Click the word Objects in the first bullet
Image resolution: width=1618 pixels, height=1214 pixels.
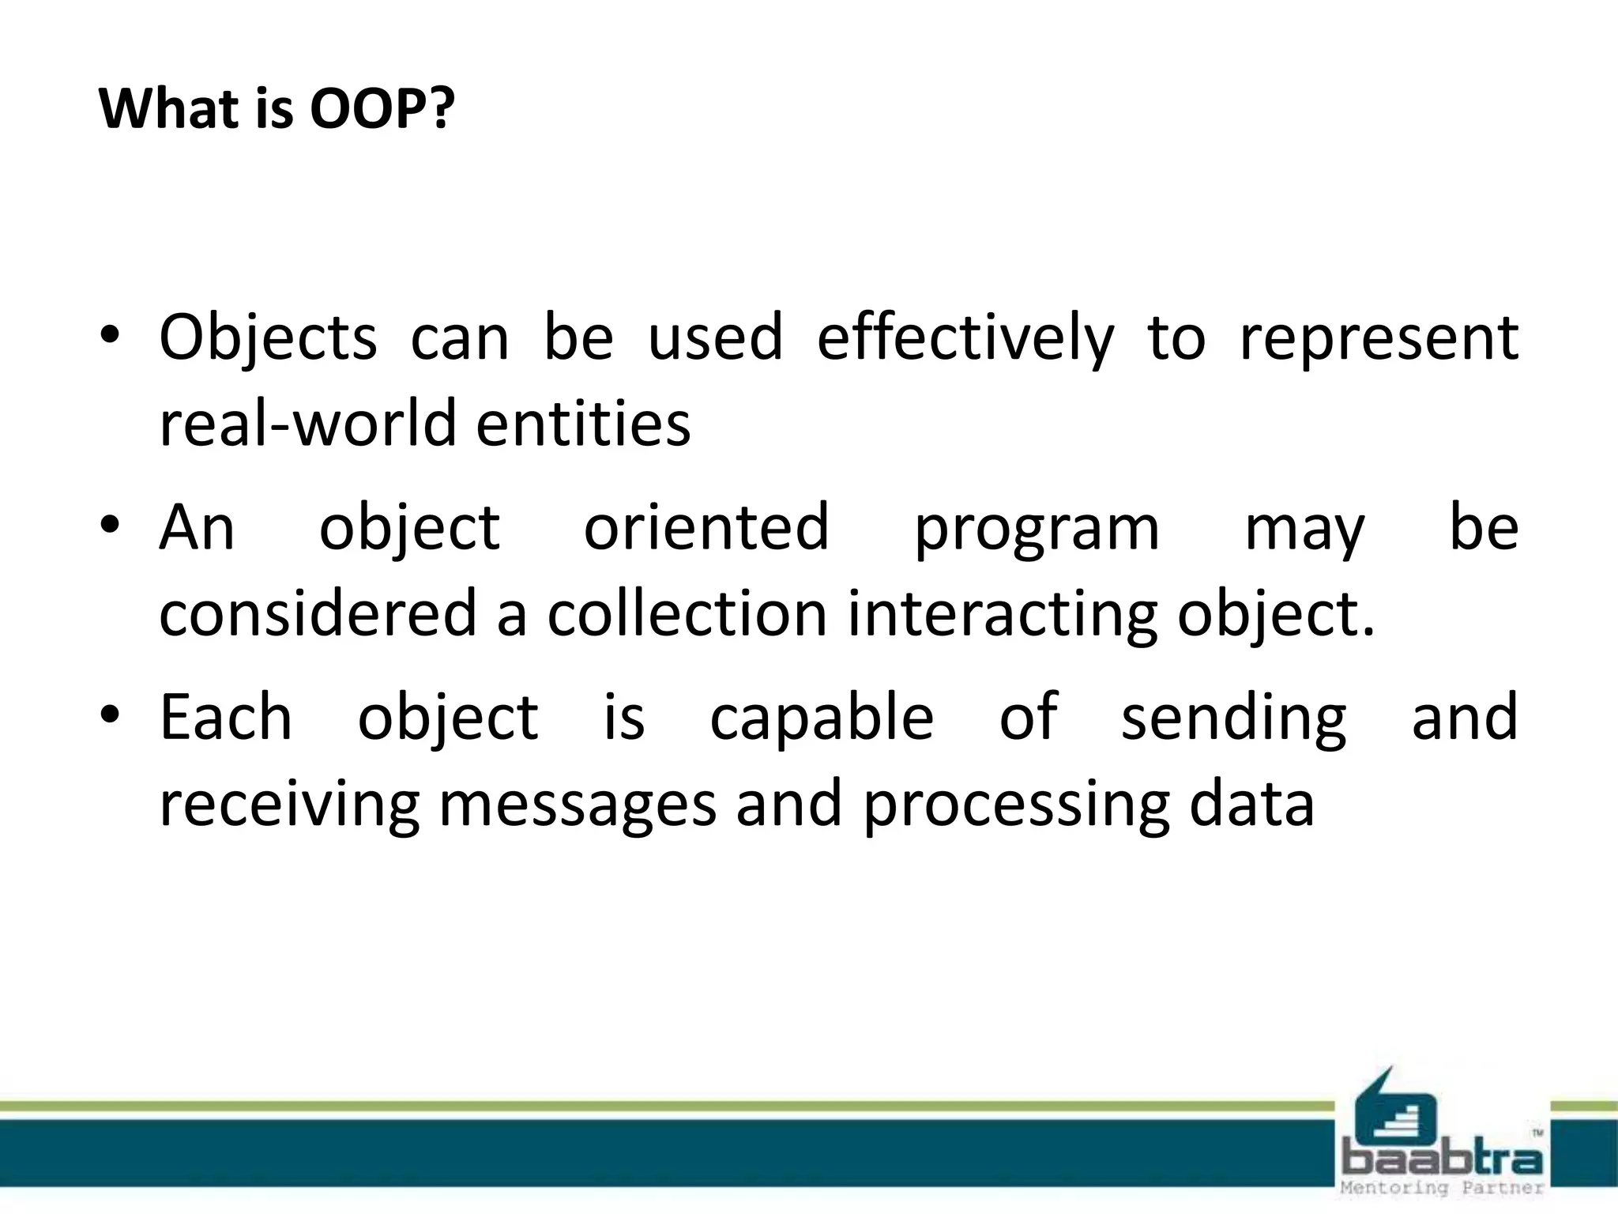[268, 338]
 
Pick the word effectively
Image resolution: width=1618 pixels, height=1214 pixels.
[965, 338]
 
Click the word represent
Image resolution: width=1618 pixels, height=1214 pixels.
[1379, 338]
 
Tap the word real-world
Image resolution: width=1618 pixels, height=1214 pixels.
[308, 423]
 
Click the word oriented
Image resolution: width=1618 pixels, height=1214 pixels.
[706, 528]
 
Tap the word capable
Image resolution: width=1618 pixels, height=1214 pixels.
[822, 718]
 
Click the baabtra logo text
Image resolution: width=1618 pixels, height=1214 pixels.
[1442, 1160]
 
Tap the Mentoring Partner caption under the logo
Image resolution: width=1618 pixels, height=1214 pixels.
[1442, 1188]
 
